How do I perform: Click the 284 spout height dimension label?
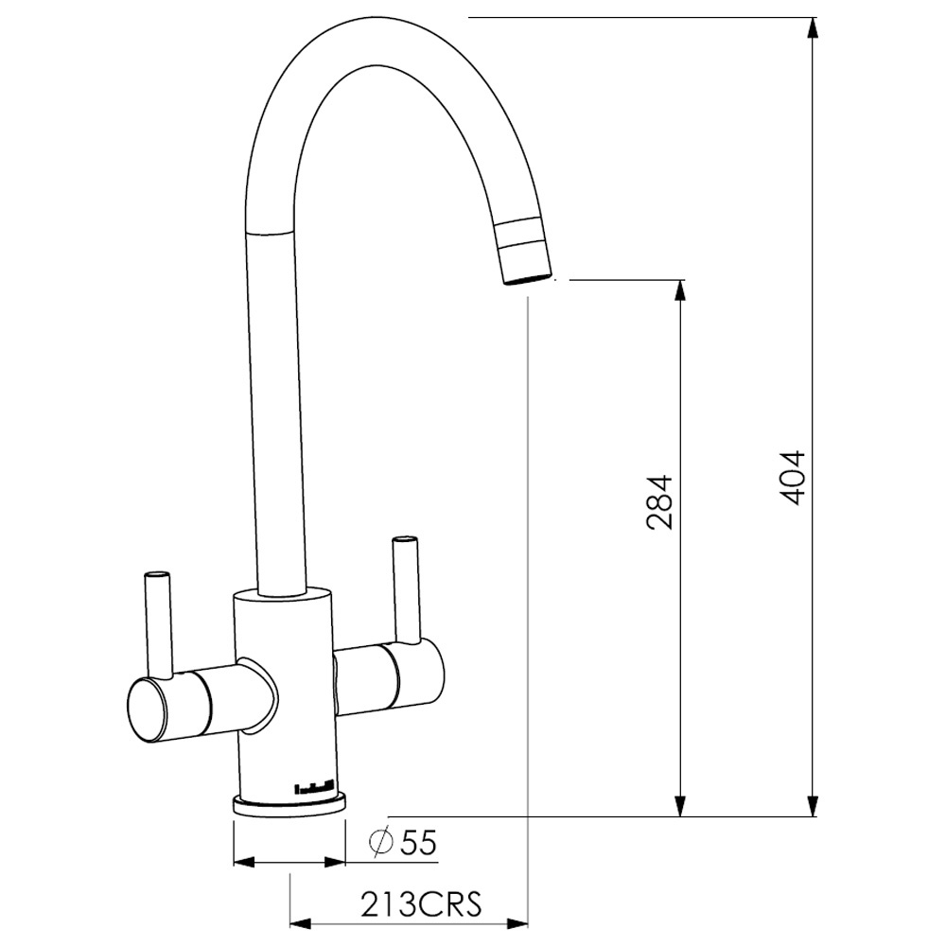(x=658, y=502)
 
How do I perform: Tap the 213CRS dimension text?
(x=421, y=903)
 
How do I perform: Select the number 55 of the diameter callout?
(x=418, y=842)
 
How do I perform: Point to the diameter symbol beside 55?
(x=380, y=842)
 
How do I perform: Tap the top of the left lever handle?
(x=157, y=574)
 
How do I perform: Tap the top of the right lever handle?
(x=404, y=540)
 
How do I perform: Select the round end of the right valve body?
(x=421, y=673)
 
